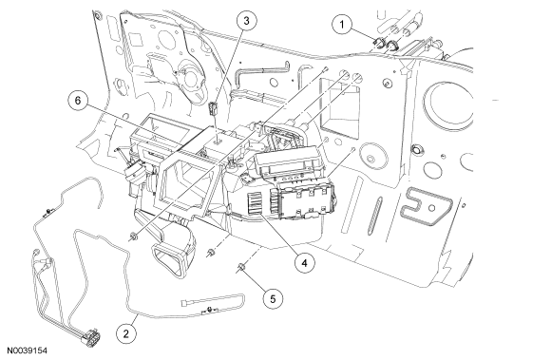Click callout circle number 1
coord(342,25)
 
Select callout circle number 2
coord(126,332)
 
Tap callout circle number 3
coord(246,21)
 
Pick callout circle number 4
coord(305,263)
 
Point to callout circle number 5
coord(274,299)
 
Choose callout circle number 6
coord(78,101)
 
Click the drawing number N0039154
coord(28,351)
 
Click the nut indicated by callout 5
coord(241,268)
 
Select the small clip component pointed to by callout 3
coord(213,108)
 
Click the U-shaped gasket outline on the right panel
coord(427,207)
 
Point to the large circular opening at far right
coord(449,105)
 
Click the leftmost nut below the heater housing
coord(133,237)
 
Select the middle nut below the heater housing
coord(211,253)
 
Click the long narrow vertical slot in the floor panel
coord(375,216)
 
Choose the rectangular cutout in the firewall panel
coord(339,105)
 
